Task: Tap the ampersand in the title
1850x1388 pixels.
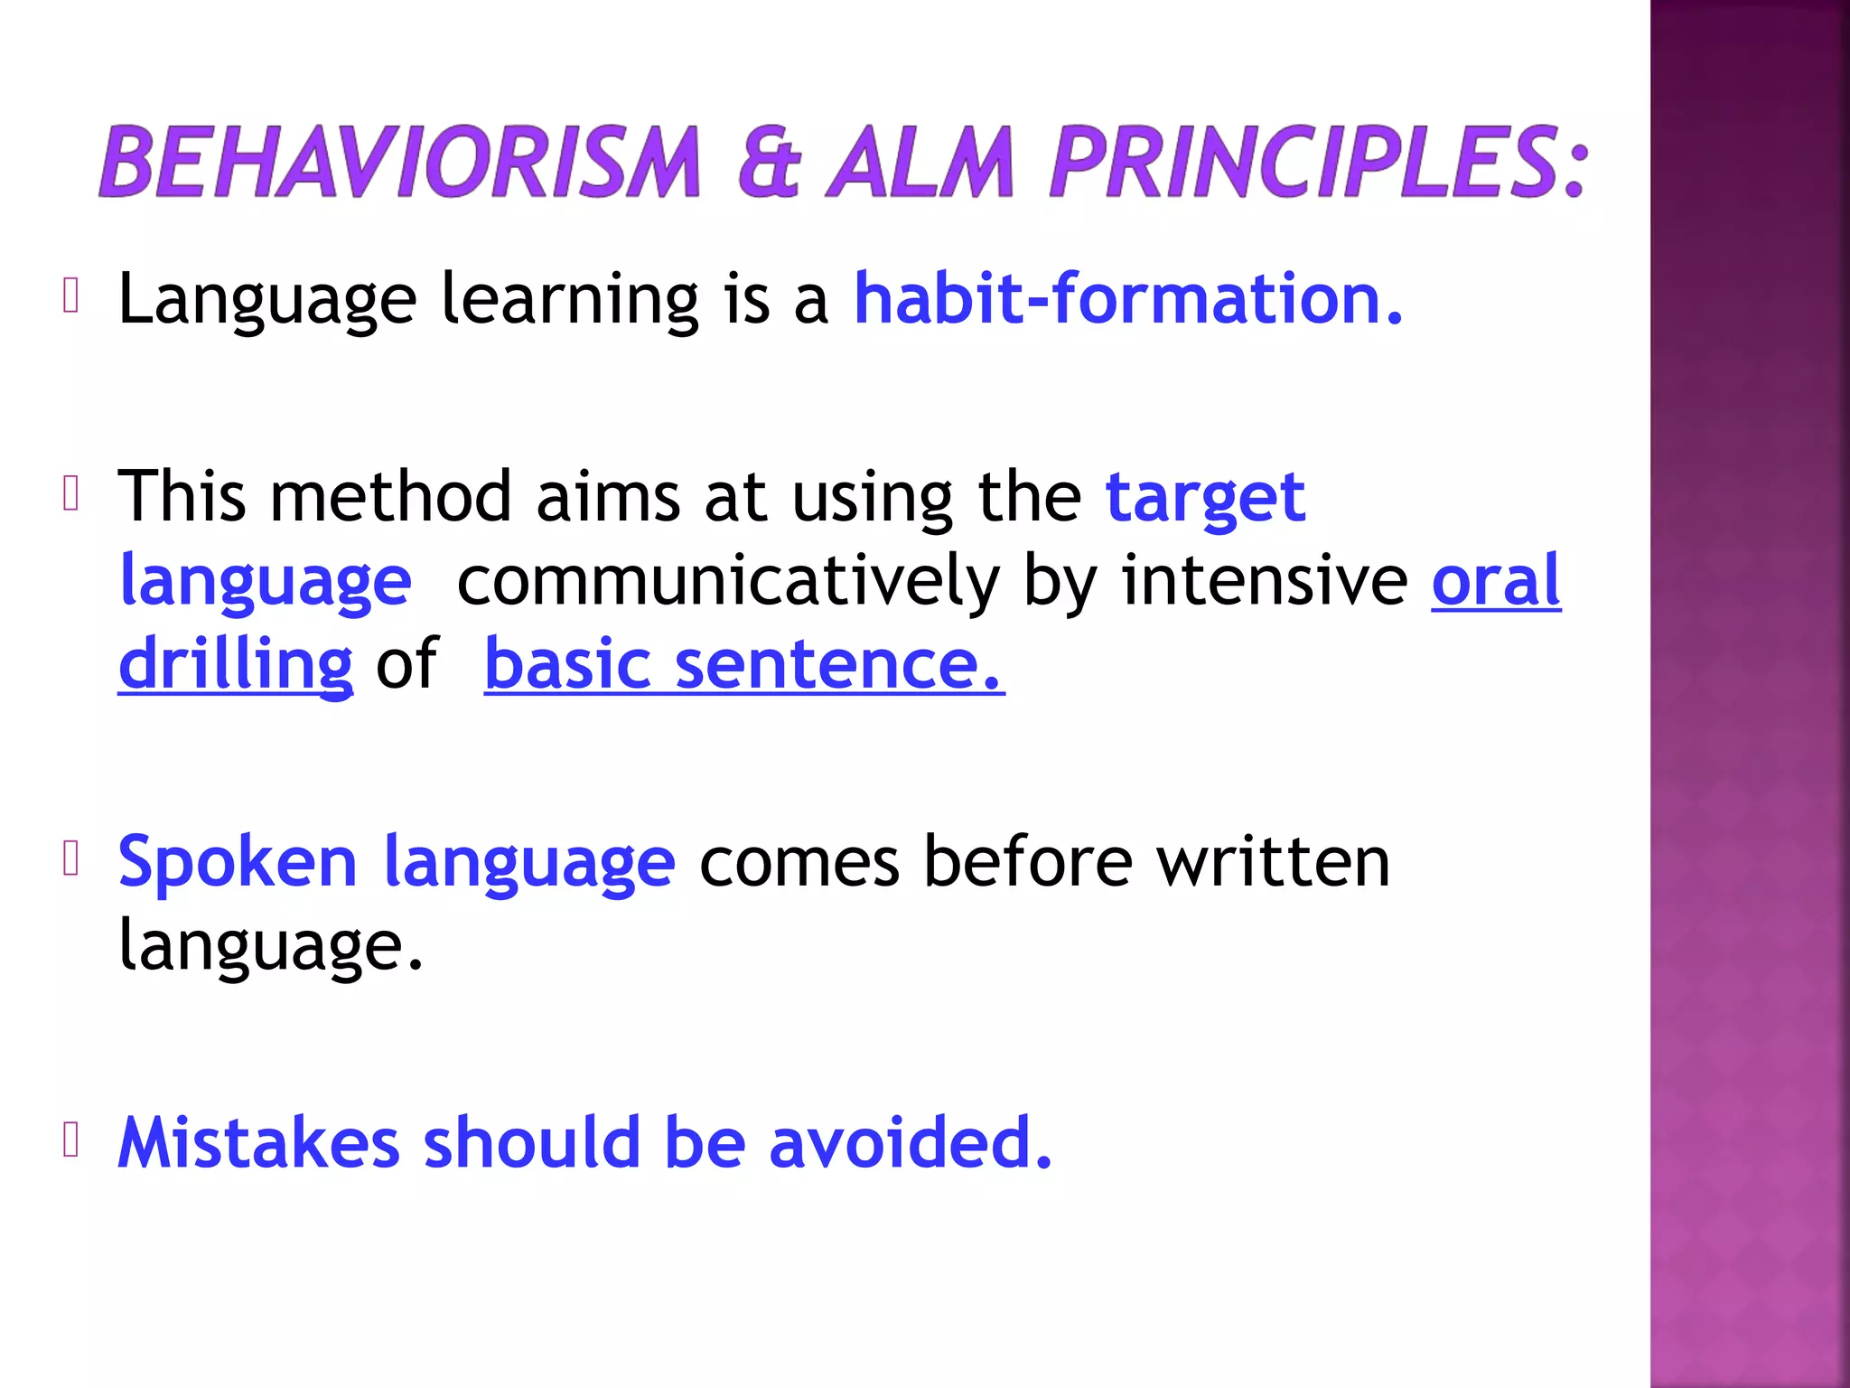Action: tap(770, 163)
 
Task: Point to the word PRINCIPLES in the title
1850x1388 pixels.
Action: tap(1317, 163)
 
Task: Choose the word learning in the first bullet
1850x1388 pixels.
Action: tap(569, 300)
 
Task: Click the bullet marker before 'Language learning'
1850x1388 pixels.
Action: tap(71, 296)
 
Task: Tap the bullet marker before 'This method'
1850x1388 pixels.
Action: tap(71, 494)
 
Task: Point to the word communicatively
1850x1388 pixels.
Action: tap(728, 580)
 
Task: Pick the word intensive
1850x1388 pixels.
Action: tap(1265, 580)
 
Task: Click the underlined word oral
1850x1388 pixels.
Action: tap(1496, 580)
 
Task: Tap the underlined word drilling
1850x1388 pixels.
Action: tap(236, 665)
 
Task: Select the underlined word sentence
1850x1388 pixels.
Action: tap(839, 665)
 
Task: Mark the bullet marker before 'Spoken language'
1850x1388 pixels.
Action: tap(71, 859)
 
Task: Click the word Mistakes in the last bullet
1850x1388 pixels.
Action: tap(259, 1142)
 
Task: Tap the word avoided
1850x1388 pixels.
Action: tap(911, 1142)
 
